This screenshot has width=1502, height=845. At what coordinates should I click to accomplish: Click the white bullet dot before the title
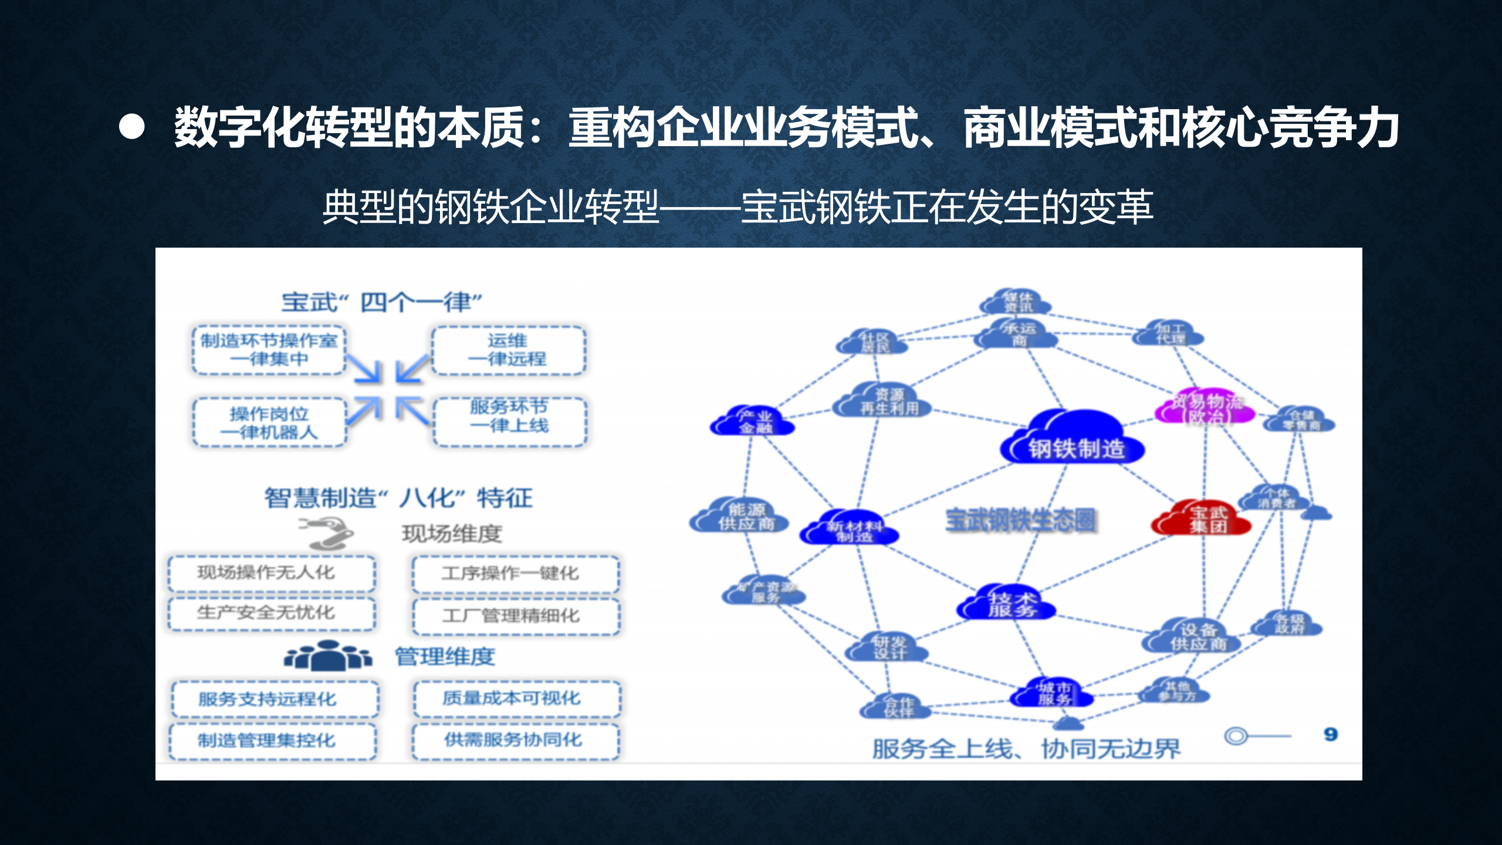tap(131, 127)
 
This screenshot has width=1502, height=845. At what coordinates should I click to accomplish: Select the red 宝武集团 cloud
tap(1203, 519)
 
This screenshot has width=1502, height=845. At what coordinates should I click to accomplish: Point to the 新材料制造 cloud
tap(851, 528)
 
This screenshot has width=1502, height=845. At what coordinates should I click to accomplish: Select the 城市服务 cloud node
tap(1053, 694)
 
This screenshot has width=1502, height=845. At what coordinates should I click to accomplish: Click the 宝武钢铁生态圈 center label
tap(1021, 520)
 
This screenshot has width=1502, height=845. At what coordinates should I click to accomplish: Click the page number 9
tap(1331, 734)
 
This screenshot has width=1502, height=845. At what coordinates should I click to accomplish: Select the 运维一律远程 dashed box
tap(508, 350)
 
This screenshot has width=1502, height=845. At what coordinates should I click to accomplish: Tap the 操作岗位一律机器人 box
tap(269, 422)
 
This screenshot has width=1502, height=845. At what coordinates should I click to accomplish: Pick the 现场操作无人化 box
tap(271, 573)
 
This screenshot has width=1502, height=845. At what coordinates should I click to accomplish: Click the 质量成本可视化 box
tap(516, 698)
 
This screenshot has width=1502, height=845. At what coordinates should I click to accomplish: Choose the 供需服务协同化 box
tap(515, 741)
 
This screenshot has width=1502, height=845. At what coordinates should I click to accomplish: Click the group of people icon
tap(327, 656)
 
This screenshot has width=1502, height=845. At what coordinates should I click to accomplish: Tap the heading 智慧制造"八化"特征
tap(398, 498)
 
